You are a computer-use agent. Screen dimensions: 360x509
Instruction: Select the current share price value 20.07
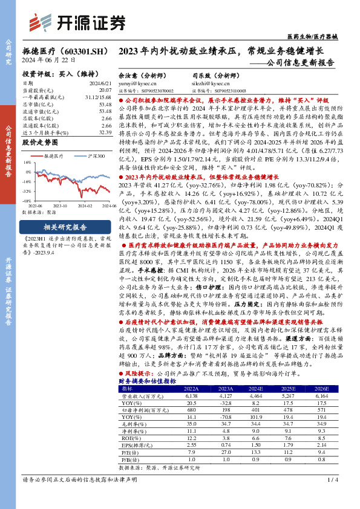(105, 89)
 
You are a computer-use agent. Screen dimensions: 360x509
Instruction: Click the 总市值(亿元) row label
(37, 104)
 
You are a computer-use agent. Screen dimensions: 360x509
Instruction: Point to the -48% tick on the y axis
(27, 199)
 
